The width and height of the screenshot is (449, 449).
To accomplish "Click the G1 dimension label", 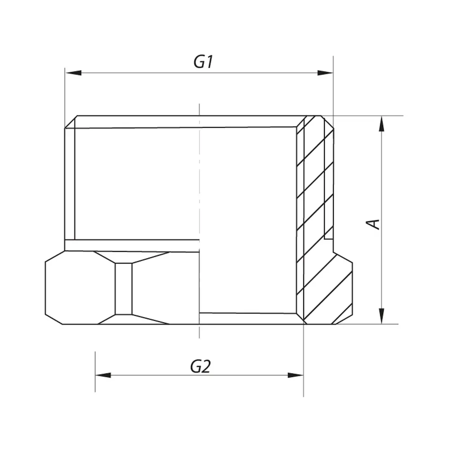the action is coord(203,62).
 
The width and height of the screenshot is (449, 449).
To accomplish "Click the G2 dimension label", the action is coord(200,366).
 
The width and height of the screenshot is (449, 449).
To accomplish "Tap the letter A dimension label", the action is coord(373,224).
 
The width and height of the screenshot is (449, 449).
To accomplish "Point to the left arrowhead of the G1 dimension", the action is coord(73,73).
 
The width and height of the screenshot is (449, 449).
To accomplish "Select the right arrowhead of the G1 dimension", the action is coord(325,73).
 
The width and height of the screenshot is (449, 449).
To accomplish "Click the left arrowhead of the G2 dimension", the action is coord(103,375).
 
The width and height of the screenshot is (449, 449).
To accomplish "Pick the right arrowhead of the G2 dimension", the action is coord(295,375).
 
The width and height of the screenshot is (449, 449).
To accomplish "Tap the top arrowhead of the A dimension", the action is coord(381,124).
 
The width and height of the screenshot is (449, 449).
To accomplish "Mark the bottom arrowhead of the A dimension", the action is coord(381,316).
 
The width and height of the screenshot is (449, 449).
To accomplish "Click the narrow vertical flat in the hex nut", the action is coord(124,289).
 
